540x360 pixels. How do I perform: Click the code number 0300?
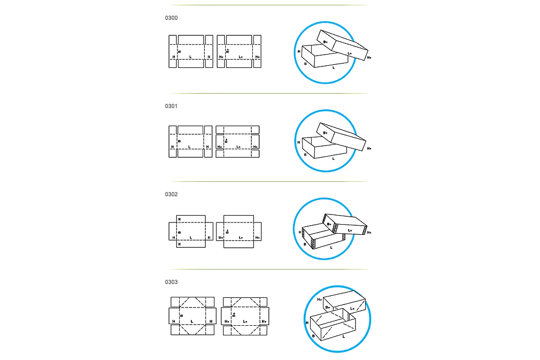[x=171, y=18]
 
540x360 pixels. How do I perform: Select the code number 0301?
[x=171, y=106]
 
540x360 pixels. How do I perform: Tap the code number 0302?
[x=171, y=194]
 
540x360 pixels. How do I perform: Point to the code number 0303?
[x=171, y=282]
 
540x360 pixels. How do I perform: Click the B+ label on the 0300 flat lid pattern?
[x=228, y=51]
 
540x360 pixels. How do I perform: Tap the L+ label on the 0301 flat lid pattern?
[x=238, y=147]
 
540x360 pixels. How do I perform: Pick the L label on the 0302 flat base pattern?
[x=191, y=238]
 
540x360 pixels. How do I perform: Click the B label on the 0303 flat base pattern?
[x=181, y=316]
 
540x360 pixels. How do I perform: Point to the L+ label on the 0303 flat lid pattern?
[x=245, y=321]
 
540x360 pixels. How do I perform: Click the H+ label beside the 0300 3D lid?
[x=369, y=58]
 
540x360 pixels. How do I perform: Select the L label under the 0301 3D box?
[x=334, y=159]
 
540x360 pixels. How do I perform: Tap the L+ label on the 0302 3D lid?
[x=350, y=230]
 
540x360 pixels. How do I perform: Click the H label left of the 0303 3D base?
[x=307, y=323]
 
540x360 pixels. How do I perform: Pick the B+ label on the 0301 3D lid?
[x=326, y=133]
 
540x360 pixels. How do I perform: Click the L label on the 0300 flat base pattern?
[x=190, y=57]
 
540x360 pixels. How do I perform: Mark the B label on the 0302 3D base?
[x=305, y=244]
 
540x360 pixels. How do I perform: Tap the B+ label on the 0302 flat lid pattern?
[x=228, y=231]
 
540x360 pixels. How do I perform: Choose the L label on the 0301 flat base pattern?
[x=189, y=147]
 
